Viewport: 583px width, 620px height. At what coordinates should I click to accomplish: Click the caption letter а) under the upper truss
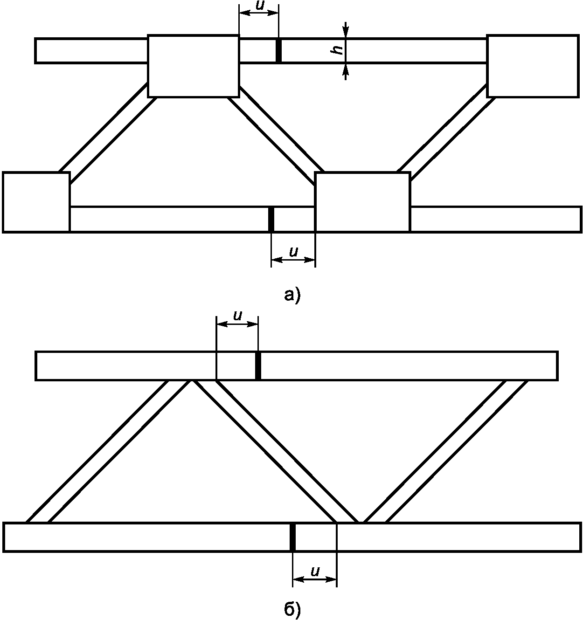pos(292,295)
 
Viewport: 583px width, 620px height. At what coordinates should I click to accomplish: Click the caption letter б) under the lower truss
pos(292,609)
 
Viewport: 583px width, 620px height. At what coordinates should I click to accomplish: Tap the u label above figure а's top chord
pos(259,7)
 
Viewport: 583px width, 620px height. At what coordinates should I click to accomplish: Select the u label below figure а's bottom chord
pos(293,252)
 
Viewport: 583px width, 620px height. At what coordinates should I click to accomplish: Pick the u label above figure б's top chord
pos(237,316)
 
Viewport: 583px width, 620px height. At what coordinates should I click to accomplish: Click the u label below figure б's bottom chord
pos(315,572)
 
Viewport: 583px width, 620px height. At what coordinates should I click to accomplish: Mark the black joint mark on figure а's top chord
pos(278,50)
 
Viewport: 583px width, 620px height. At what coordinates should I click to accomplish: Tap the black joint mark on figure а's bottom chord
pos(271,219)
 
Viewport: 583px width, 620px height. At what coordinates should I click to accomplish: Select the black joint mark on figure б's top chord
pos(258,366)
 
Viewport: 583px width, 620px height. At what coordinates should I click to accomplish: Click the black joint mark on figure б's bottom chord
pos(292,537)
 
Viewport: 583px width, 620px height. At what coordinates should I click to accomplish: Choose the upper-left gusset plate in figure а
pos(194,66)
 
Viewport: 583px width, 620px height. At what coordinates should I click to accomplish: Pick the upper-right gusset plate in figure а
pos(533,66)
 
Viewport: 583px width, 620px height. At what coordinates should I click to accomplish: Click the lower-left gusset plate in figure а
pos(36,202)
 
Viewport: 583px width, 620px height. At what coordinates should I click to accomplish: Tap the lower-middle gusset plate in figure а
pos(362,202)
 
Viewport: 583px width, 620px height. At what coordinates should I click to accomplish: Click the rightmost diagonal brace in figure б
pos(445,451)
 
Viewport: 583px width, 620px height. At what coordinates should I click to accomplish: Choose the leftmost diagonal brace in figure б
pos(109,451)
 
